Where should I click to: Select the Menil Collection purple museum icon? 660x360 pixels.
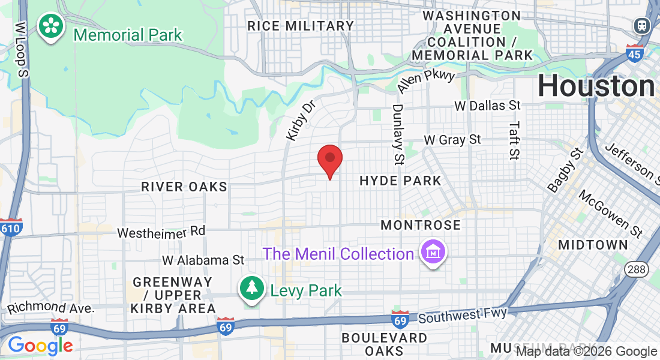[431, 253]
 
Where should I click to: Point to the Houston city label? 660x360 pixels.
[596, 86]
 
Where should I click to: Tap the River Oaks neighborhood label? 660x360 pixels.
[184, 187]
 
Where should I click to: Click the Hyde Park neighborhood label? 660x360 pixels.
[400, 181]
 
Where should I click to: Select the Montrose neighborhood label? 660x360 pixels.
[421, 226]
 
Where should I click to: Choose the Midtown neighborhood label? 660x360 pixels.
[593, 245]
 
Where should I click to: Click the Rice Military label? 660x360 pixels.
[301, 26]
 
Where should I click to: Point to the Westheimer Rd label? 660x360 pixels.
[161, 232]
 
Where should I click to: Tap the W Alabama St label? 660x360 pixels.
[203, 260]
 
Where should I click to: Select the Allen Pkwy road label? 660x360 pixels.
[426, 82]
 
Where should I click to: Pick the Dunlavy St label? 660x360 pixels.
[398, 134]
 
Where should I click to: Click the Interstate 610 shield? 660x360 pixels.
[10, 228]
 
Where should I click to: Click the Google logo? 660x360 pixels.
[40, 346]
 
